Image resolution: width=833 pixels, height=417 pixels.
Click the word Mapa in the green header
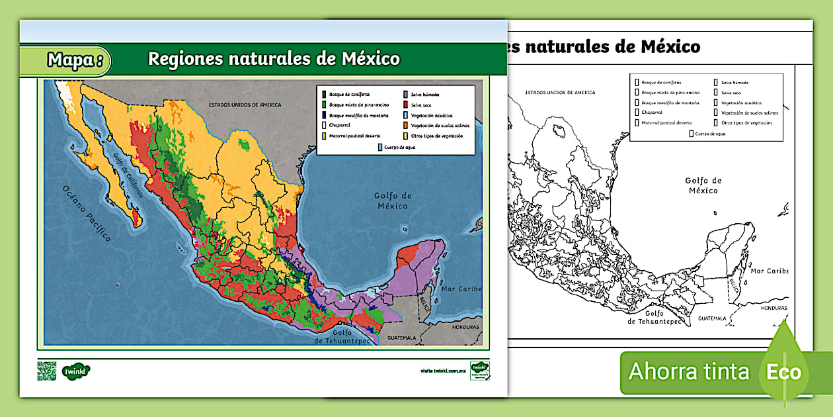(x=71, y=60)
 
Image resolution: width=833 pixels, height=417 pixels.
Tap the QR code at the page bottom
(x=46, y=371)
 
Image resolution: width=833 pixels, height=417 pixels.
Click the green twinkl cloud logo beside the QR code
(x=76, y=371)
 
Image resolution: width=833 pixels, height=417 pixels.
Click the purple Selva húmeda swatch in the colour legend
(x=405, y=95)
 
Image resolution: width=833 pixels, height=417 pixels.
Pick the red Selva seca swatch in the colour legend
(x=405, y=105)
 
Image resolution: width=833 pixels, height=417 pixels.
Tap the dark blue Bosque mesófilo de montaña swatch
(x=323, y=115)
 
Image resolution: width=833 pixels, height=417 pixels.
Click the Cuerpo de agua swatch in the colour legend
(x=379, y=146)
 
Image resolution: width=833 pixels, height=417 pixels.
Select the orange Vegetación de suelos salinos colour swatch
(x=405, y=125)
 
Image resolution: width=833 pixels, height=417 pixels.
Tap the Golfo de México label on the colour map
(x=393, y=201)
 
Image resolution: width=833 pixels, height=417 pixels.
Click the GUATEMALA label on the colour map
(x=402, y=338)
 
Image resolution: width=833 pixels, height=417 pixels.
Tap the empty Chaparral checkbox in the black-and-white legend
(x=637, y=113)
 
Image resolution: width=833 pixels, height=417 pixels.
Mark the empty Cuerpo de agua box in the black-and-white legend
(x=692, y=133)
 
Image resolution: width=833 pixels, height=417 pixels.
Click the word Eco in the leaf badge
(x=783, y=371)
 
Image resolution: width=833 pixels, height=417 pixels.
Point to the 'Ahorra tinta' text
(x=688, y=371)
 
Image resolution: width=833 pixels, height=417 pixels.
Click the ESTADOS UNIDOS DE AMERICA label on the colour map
(x=245, y=105)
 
